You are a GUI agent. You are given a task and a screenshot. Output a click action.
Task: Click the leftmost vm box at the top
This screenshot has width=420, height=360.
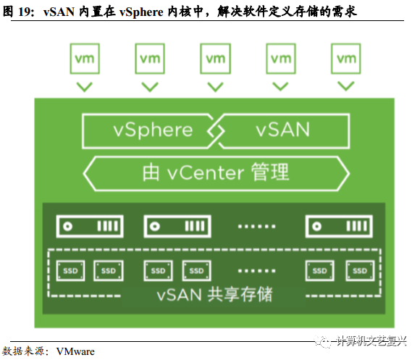tap(85, 57)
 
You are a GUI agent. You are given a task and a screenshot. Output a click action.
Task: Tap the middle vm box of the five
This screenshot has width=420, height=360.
tap(216, 57)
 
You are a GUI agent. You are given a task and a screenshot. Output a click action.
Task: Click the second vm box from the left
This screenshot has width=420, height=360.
tap(150, 57)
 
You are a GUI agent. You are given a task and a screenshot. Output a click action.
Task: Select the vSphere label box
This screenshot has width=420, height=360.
tap(148, 130)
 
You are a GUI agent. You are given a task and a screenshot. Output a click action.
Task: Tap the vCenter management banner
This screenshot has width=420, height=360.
tap(216, 172)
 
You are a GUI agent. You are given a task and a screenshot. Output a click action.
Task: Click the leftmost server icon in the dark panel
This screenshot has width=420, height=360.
tap(90, 226)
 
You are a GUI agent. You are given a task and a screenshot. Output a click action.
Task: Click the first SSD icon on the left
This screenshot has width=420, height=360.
tap(69, 271)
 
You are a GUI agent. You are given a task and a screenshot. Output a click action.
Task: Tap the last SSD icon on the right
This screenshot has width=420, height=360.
tap(358, 271)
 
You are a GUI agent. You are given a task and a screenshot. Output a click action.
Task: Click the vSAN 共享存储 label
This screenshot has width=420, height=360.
tap(215, 295)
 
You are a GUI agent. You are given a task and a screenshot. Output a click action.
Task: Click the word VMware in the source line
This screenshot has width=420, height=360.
tap(75, 351)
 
